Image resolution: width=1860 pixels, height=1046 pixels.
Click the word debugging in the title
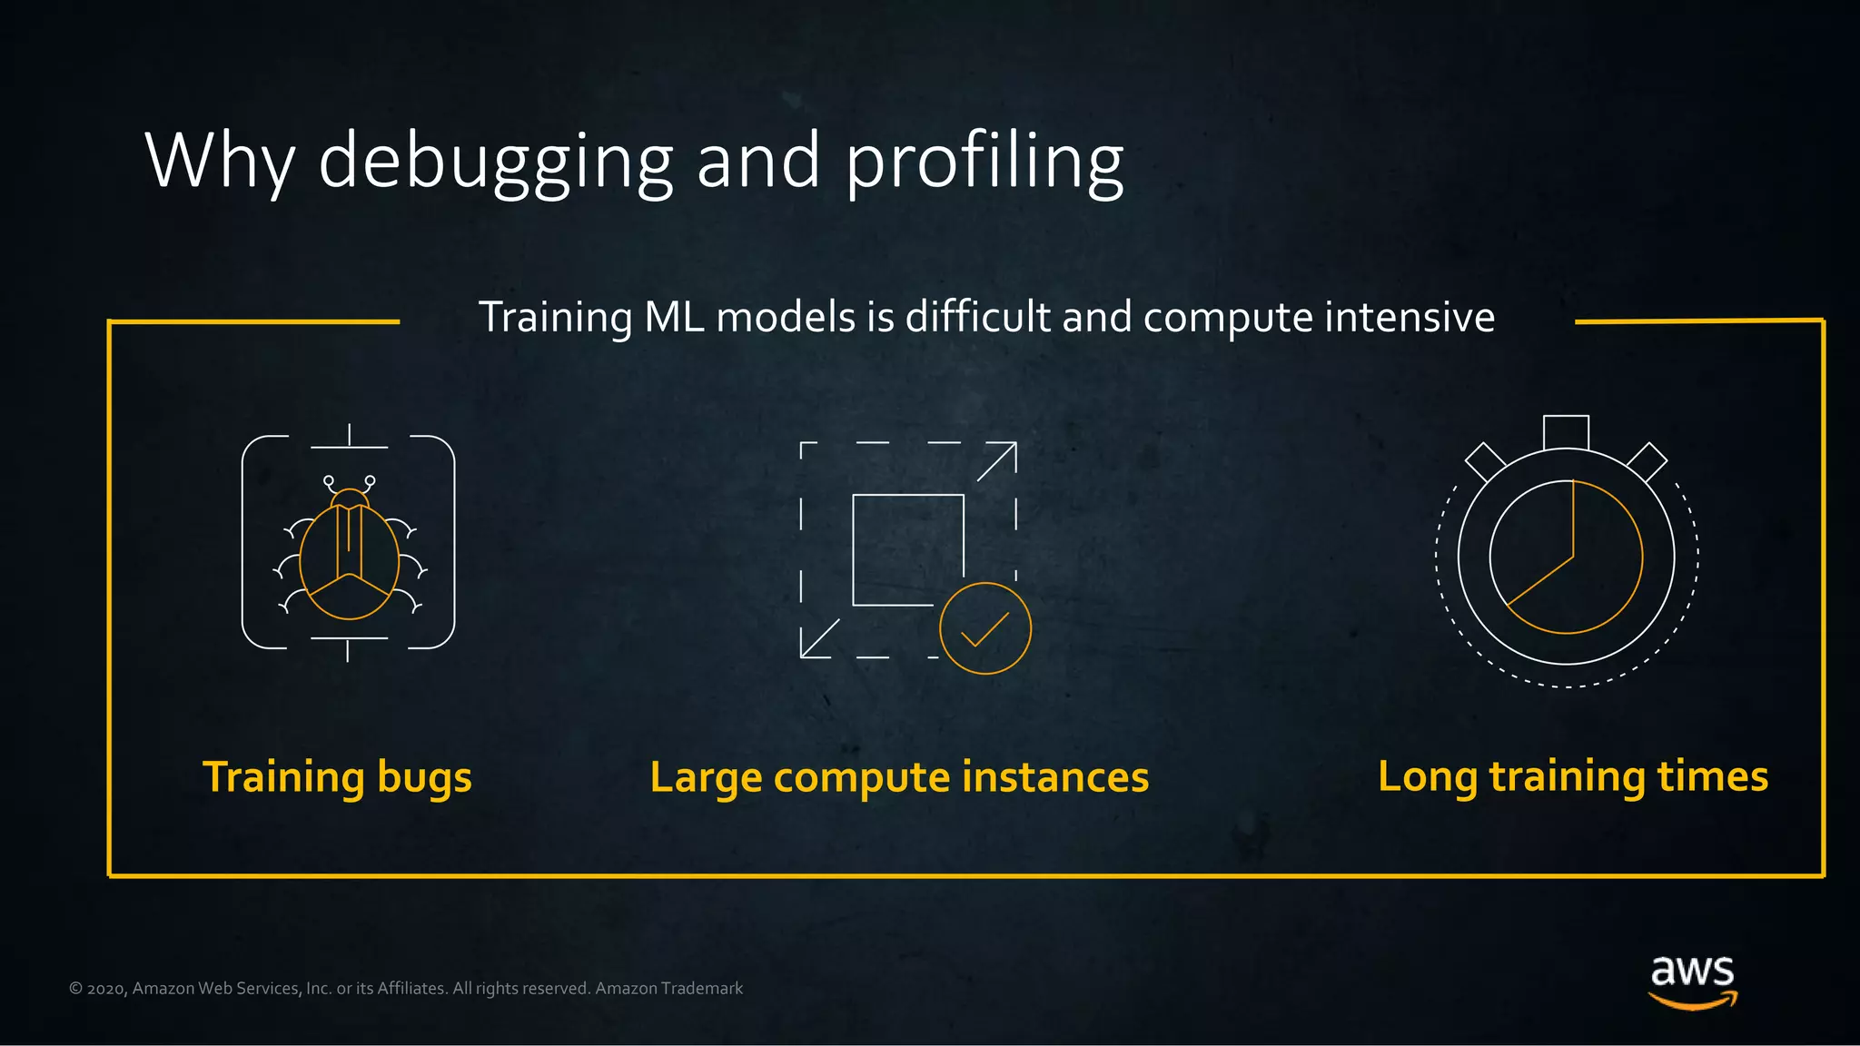pos(495,162)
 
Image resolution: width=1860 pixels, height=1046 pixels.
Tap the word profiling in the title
pos(984,162)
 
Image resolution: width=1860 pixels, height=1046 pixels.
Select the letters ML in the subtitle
pos(674,318)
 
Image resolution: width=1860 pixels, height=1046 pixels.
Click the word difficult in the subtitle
pos(978,318)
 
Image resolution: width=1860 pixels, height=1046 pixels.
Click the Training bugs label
pos(337,777)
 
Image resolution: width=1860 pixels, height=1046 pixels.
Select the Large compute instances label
pos(899,777)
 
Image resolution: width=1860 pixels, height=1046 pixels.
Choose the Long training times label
pos(1572,776)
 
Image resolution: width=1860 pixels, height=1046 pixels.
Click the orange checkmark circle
pos(985,628)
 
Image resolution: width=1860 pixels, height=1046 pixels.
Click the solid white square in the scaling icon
pos(907,548)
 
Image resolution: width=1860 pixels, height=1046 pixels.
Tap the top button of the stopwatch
pos(1566,432)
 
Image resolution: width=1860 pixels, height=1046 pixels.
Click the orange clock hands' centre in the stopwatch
pos(1573,557)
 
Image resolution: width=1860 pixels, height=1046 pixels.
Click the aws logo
pos(1692,981)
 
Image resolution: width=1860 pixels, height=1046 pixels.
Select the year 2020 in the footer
pos(105,989)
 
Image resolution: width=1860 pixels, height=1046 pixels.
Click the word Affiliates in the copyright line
pos(411,989)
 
